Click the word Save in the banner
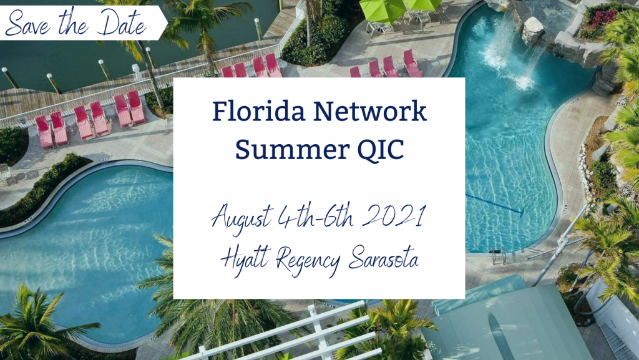[28, 23]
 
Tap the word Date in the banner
[124, 23]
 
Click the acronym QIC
[381, 150]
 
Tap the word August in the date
[242, 218]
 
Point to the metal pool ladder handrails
[499, 255]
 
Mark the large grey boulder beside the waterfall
[532, 31]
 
